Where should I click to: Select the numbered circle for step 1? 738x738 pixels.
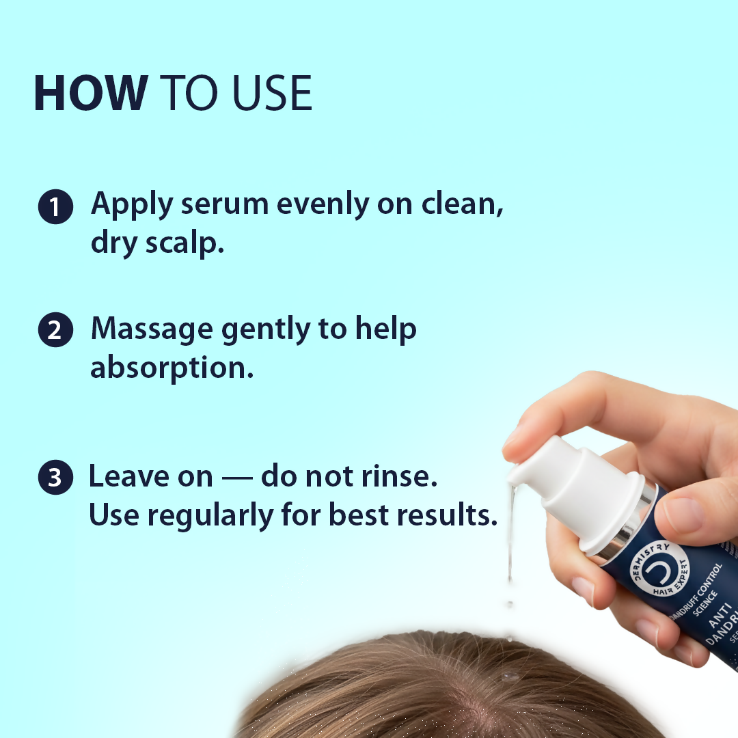point(55,207)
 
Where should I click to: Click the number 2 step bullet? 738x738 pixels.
point(55,330)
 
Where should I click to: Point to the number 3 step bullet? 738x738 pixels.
point(55,478)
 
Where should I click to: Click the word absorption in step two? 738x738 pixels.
point(172,368)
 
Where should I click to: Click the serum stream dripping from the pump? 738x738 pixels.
point(509,540)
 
